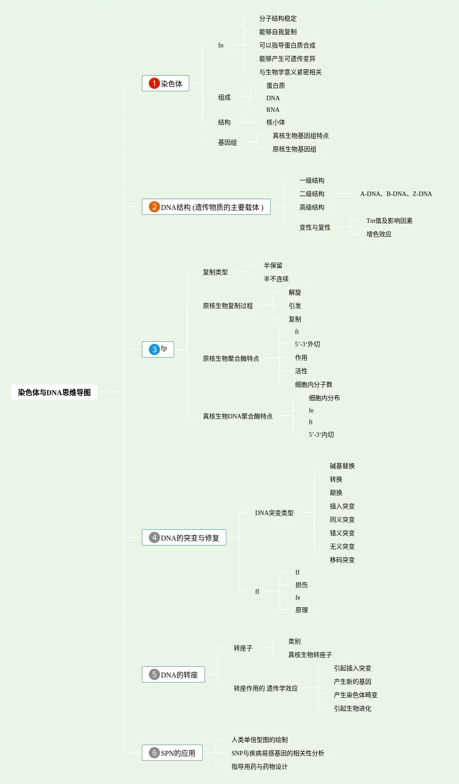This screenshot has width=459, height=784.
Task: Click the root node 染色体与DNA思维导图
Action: coord(54,392)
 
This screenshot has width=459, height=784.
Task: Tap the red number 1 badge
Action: coord(154,83)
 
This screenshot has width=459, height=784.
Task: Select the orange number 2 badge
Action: coord(154,207)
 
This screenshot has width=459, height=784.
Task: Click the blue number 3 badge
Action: coord(154,349)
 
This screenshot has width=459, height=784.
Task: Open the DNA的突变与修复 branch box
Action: coord(184,537)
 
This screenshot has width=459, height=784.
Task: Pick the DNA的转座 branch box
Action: coord(173,674)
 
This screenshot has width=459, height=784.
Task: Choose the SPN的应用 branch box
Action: coord(172,753)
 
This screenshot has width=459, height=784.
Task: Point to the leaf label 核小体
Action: coord(276,122)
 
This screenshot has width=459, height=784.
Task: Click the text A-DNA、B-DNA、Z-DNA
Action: coord(396,194)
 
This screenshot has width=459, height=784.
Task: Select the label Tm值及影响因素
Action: coord(389,221)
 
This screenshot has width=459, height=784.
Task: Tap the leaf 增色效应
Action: coord(379,234)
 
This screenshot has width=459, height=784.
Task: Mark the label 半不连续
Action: coord(276,279)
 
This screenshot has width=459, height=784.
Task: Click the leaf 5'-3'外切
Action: coord(307,344)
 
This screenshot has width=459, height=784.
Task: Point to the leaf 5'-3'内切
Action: coord(321,435)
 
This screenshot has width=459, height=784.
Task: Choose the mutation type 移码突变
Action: coord(342,560)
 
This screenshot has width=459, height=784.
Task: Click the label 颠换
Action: coord(336,493)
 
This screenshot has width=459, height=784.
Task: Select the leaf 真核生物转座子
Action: coord(310,655)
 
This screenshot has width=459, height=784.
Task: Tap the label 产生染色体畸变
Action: coord(356,695)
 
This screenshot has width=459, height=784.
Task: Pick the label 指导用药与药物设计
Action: coord(260,767)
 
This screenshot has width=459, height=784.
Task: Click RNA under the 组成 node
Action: coord(273,110)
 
